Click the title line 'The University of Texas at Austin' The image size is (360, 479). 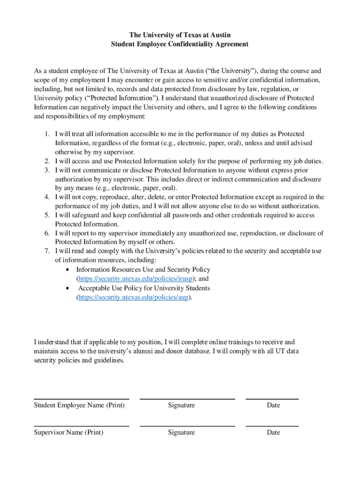(180, 35)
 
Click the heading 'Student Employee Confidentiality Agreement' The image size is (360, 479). (180, 44)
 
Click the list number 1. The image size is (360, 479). (47, 134)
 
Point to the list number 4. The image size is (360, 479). (47, 197)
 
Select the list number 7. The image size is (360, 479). (47, 251)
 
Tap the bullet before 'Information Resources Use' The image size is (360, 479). (69, 270)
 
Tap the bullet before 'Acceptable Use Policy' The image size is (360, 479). (69, 288)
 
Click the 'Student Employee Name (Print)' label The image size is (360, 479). (79, 406)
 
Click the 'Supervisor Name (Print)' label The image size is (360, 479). (69, 433)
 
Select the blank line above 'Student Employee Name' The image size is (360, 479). (81, 399)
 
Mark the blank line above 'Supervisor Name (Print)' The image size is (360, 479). (81, 426)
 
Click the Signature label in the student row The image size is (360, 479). (181, 406)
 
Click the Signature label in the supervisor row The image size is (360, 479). (181, 433)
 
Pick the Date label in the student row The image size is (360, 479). (274, 406)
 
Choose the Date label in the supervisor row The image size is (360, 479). (274, 433)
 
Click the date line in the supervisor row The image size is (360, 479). (272, 426)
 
